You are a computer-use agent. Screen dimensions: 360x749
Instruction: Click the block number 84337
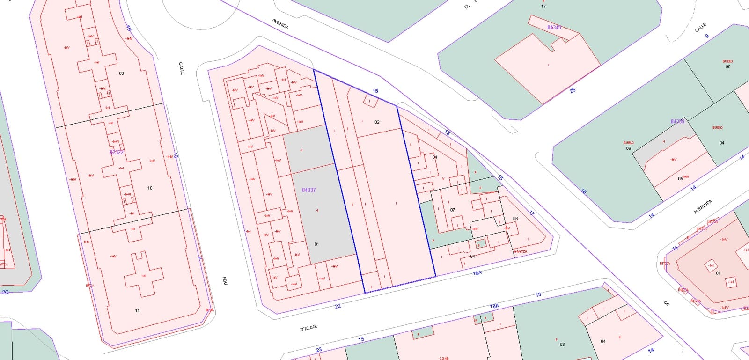coord(308,190)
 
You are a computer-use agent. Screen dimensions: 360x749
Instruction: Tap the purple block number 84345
coord(554,28)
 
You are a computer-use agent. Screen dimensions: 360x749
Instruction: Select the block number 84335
coord(677,121)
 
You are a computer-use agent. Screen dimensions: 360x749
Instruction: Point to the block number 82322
coord(117,152)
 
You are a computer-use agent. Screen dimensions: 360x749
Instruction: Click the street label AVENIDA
coord(280,24)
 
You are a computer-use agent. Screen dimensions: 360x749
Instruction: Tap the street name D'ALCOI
coord(308,328)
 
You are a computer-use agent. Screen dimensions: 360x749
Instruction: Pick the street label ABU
coord(225,280)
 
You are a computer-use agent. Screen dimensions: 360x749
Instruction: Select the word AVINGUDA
coord(703,206)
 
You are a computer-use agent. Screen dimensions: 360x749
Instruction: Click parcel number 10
coord(150,188)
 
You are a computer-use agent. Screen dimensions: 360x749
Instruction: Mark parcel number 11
coord(137,310)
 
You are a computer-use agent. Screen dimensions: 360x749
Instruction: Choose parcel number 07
coord(452,210)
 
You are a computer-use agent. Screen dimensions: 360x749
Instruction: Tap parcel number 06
coord(515,219)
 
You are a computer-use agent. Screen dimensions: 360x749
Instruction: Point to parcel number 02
coord(377,122)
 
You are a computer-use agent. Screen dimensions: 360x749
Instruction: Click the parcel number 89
coord(628,148)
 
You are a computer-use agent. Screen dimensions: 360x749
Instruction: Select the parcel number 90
coord(727,67)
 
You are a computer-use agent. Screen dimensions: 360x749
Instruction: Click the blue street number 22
coord(338,306)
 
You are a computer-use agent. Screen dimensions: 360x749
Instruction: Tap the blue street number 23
coord(319,350)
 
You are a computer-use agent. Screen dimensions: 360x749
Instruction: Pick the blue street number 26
coord(573,90)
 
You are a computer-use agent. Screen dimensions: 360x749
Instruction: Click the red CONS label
coord(444,358)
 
